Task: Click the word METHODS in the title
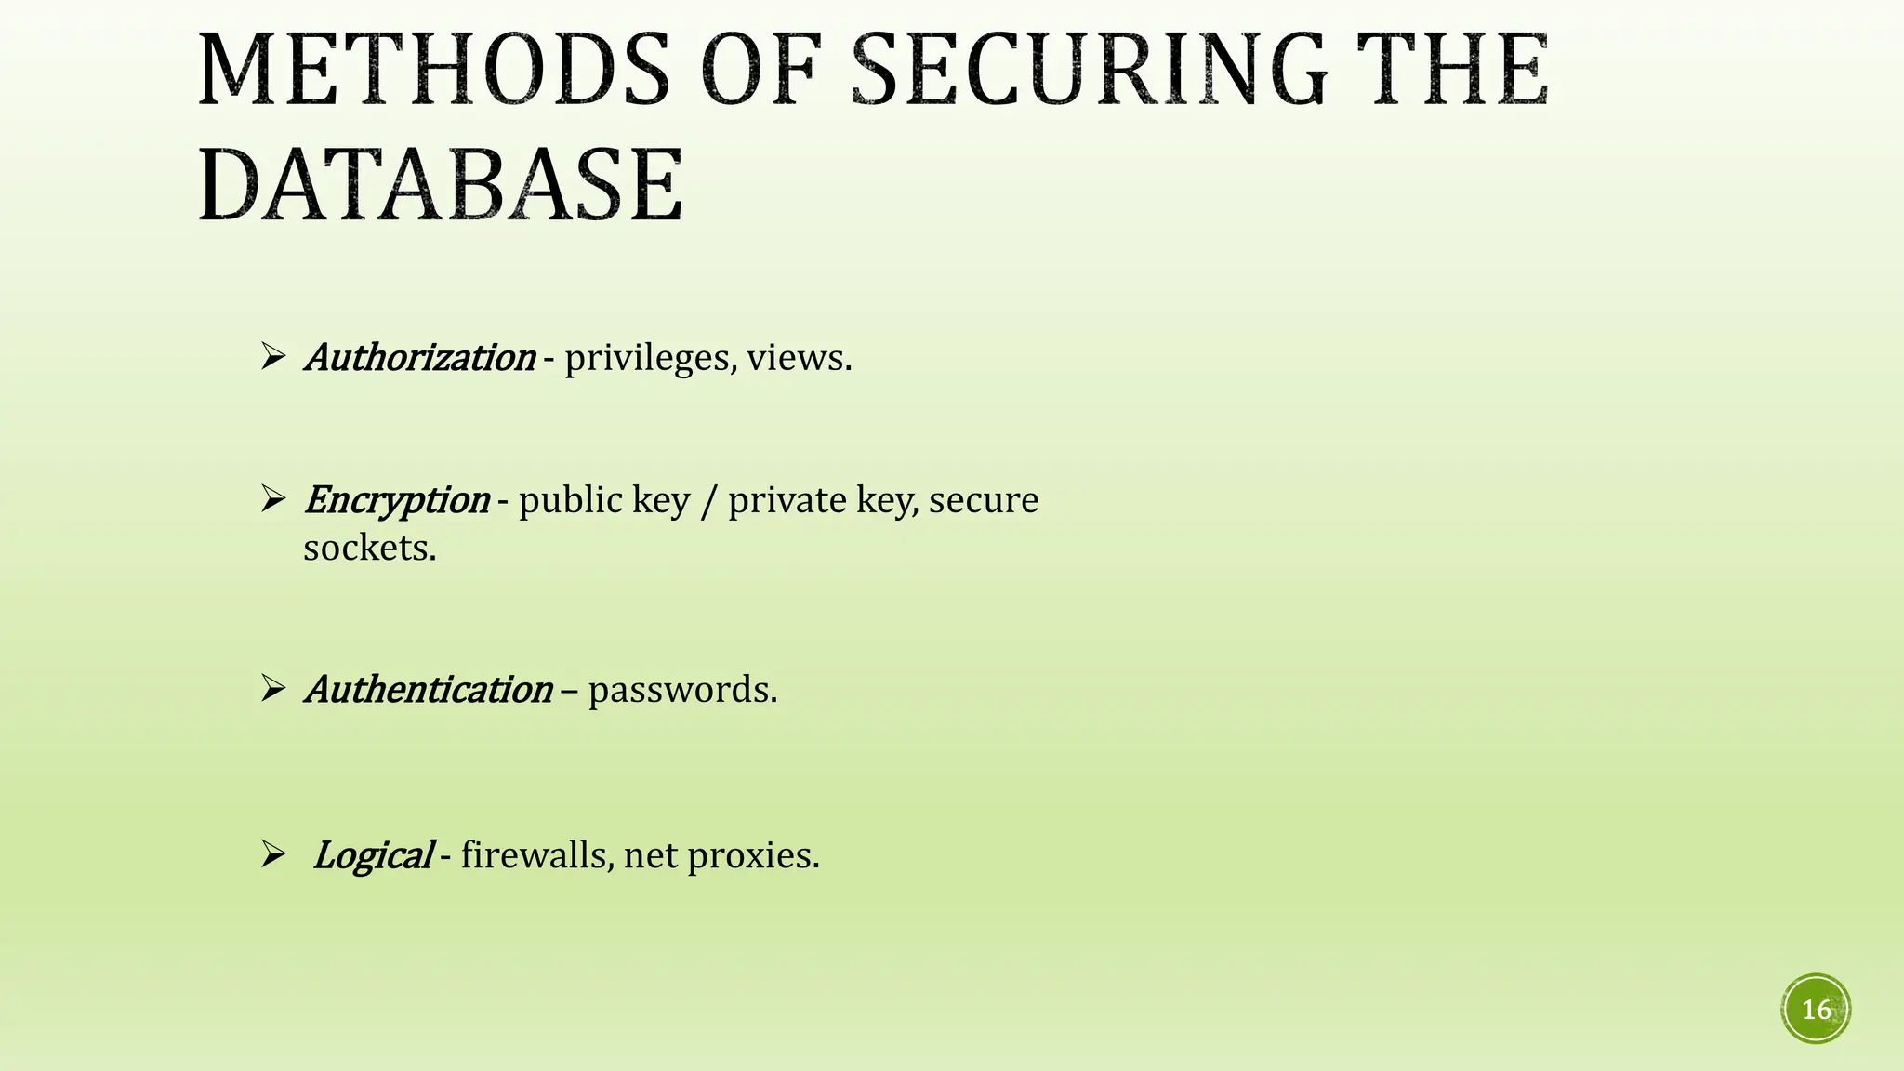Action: pos(433,71)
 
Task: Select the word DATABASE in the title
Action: pos(441,186)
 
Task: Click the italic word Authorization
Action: pos(420,358)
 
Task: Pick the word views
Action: pos(799,358)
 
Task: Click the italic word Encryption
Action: pos(397,501)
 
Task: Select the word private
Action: pos(787,501)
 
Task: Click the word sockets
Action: pos(369,549)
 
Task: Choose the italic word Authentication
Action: pos(430,691)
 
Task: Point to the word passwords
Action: pos(681,691)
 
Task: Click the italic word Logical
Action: pos(373,856)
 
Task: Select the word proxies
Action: pos(753,856)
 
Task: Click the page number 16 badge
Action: pos(1816,1010)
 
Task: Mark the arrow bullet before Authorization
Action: pos(272,356)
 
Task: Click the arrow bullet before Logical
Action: pos(272,854)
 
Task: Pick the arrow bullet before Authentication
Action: pos(272,689)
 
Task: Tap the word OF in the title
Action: pos(760,71)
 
